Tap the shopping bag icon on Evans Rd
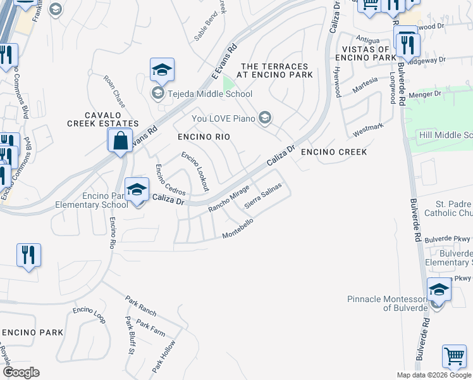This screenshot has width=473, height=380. (x=120, y=141)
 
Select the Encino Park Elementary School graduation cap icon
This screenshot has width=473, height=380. (x=137, y=190)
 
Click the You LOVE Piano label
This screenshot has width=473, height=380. (x=224, y=118)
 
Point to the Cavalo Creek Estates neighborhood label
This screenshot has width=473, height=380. (x=102, y=119)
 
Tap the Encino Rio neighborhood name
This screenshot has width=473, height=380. (x=203, y=137)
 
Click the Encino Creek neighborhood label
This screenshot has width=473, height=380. (x=333, y=152)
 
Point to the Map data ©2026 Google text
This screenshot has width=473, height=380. (x=433, y=375)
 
